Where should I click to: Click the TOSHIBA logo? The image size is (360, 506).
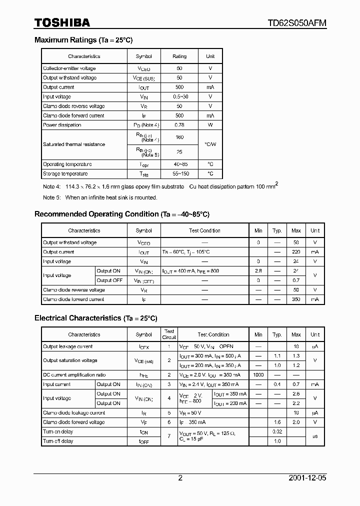[62, 22]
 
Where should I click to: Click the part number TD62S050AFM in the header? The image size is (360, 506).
[297, 23]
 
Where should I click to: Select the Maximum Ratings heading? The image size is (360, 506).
[83, 40]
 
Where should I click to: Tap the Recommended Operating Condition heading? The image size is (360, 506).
[121, 214]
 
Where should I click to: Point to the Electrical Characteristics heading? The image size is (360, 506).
[95, 318]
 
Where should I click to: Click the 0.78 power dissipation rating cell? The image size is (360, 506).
[179, 125]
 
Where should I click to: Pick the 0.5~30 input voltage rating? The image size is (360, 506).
[179, 96]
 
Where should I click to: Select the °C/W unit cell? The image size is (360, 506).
[210, 144]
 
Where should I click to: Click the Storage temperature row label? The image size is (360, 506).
[65, 174]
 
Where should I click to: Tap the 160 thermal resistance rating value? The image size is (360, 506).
[179, 136]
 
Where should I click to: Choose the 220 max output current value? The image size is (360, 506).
[296, 252]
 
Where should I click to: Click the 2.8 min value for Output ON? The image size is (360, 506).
[258, 271]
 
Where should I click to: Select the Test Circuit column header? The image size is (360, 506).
[169, 334]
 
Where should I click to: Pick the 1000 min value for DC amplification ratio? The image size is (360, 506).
[258, 375]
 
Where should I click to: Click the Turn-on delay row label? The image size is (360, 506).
[58, 431]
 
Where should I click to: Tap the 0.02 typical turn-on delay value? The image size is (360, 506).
[277, 431]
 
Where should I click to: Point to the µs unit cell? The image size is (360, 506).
[314, 436]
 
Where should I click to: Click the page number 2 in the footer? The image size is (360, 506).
[180, 478]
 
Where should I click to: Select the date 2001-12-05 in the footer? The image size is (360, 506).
[307, 478]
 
